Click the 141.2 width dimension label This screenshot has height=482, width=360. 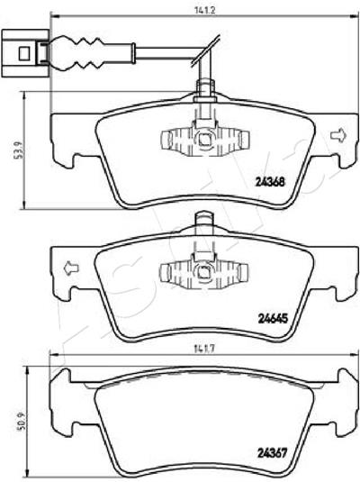coord(205,10)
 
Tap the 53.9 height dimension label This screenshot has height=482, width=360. coord(20,150)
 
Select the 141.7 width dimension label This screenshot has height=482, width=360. coord(205,349)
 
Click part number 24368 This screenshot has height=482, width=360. coord(270,182)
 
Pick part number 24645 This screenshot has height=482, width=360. coord(273,319)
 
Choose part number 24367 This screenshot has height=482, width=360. coord(272,452)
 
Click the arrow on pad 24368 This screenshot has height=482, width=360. coord(338,135)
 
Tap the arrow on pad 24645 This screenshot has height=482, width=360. coord(71,268)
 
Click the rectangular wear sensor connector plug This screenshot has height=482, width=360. coord(25,53)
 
